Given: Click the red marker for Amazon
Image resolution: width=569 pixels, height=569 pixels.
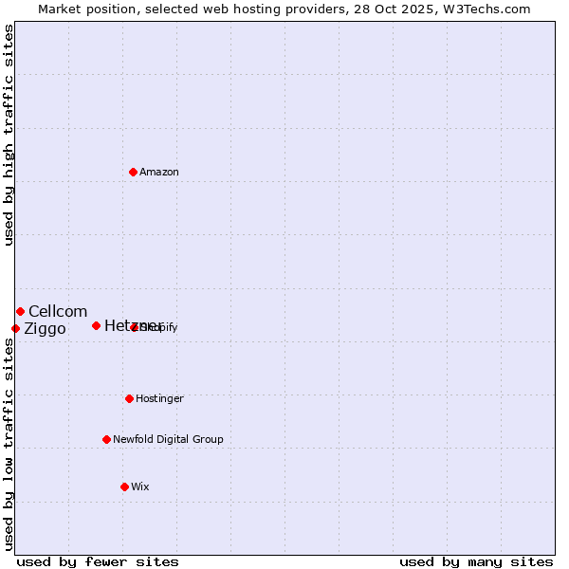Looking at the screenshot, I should (x=133, y=172).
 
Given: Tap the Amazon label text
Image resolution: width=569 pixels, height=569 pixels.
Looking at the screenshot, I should (x=159, y=172).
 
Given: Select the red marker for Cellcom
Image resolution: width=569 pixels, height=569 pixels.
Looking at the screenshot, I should (x=20, y=311).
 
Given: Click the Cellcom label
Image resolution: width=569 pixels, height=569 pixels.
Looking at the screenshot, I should (x=58, y=311).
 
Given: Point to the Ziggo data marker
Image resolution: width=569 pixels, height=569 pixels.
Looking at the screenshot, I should (x=15, y=328).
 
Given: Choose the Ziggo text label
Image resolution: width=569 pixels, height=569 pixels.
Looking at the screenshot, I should (x=45, y=329).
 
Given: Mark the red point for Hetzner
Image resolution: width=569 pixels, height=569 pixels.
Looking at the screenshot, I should (x=96, y=325).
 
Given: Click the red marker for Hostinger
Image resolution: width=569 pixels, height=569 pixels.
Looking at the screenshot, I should (x=129, y=398).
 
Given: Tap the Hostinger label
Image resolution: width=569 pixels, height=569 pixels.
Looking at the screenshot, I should (x=159, y=398).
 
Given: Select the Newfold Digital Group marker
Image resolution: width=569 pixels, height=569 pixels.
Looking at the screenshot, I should (x=106, y=439).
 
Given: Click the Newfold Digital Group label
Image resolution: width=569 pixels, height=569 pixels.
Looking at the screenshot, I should (x=168, y=439).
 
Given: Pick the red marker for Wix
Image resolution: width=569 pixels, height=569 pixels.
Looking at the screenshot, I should (x=124, y=486).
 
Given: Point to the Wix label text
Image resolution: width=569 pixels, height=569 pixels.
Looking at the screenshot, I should (x=140, y=486).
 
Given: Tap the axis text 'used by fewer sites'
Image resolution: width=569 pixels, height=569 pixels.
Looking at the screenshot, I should (x=98, y=561).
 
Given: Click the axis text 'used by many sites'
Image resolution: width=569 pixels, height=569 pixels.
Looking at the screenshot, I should (x=476, y=561).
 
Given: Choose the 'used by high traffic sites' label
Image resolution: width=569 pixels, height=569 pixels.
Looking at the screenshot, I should (x=9, y=135).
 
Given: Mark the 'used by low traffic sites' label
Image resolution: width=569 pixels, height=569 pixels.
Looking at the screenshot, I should (x=9, y=444).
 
